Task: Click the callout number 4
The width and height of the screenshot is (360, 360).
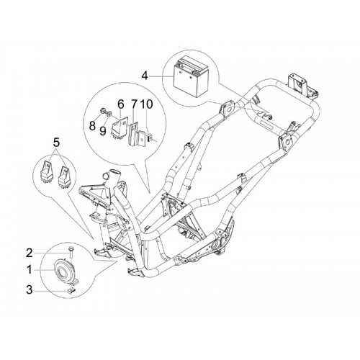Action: [145, 76]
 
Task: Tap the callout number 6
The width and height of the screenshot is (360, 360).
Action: [120, 104]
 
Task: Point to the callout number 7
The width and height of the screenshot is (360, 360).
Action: [134, 104]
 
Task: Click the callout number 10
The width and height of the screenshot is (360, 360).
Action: [146, 104]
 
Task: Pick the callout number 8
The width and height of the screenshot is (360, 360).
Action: [92, 125]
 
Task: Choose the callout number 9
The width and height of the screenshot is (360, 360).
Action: [103, 130]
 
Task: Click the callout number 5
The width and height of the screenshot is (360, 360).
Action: [56, 143]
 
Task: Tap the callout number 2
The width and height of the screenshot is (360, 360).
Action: [30, 253]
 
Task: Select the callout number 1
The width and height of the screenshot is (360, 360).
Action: [30, 270]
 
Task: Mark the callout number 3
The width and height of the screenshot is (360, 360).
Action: [30, 289]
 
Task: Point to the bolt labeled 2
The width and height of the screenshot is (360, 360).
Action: [71, 253]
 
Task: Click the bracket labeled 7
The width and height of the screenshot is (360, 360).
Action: [136, 135]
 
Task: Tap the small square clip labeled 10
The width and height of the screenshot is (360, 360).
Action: [150, 138]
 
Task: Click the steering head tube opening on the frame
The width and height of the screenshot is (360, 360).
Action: [114, 173]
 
